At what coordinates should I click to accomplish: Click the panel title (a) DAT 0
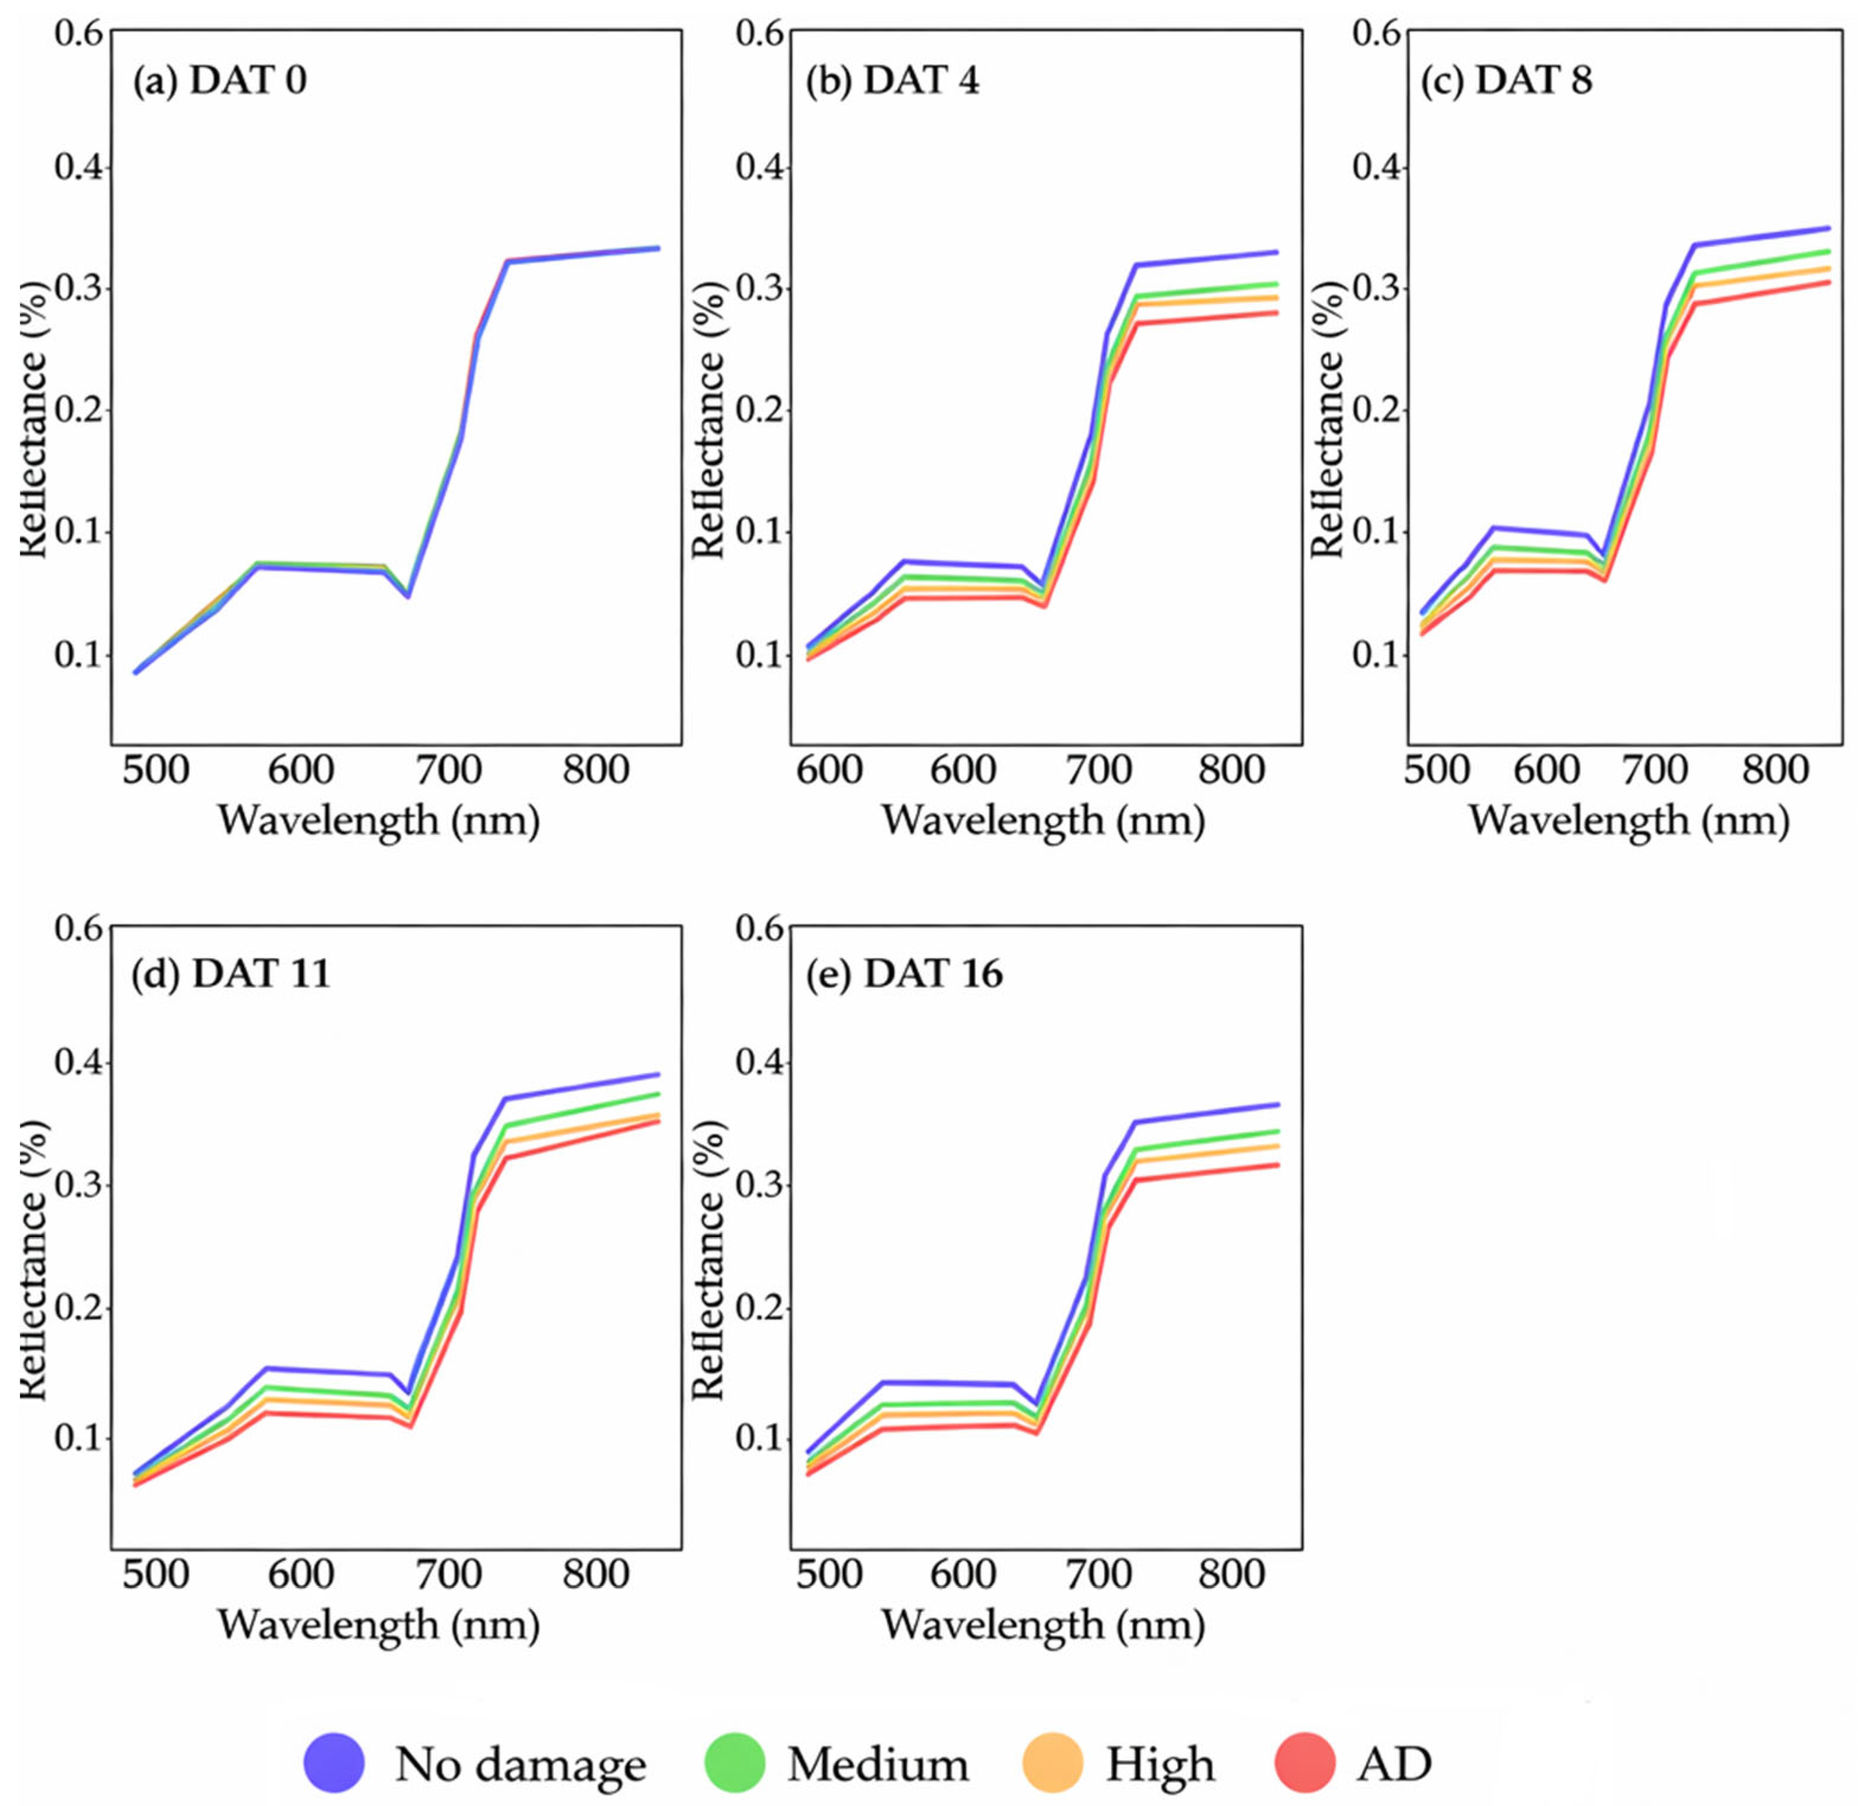[x=219, y=81]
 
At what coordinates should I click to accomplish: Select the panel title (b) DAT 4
[x=892, y=81]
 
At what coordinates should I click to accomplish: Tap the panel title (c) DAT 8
[x=1506, y=81]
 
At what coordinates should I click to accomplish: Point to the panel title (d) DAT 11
[x=231, y=974]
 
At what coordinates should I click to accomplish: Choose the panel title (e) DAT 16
[x=904, y=974]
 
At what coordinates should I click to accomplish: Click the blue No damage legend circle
[x=334, y=1762]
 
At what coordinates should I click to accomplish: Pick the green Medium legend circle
[x=735, y=1762]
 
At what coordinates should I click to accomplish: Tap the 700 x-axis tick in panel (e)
[x=1097, y=1575]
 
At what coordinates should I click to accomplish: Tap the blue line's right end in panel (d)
[x=657, y=1075]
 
